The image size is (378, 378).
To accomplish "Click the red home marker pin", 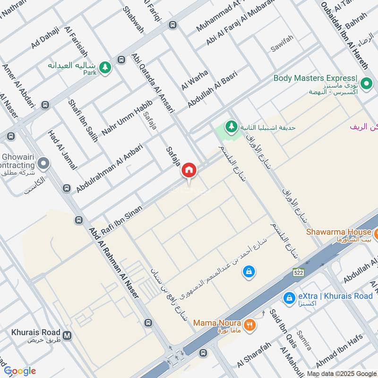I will click(x=189, y=170).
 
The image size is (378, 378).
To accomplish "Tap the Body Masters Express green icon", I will click(x=366, y=84).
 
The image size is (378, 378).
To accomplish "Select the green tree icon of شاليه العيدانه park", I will click(x=105, y=68).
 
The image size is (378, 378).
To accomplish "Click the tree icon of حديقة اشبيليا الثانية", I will click(x=231, y=127).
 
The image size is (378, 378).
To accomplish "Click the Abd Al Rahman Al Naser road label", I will click(x=113, y=262).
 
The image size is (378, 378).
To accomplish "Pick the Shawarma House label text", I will click(x=338, y=232).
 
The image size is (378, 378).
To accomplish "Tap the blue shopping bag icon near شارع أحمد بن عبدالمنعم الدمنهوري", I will click(x=248, y=272).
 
